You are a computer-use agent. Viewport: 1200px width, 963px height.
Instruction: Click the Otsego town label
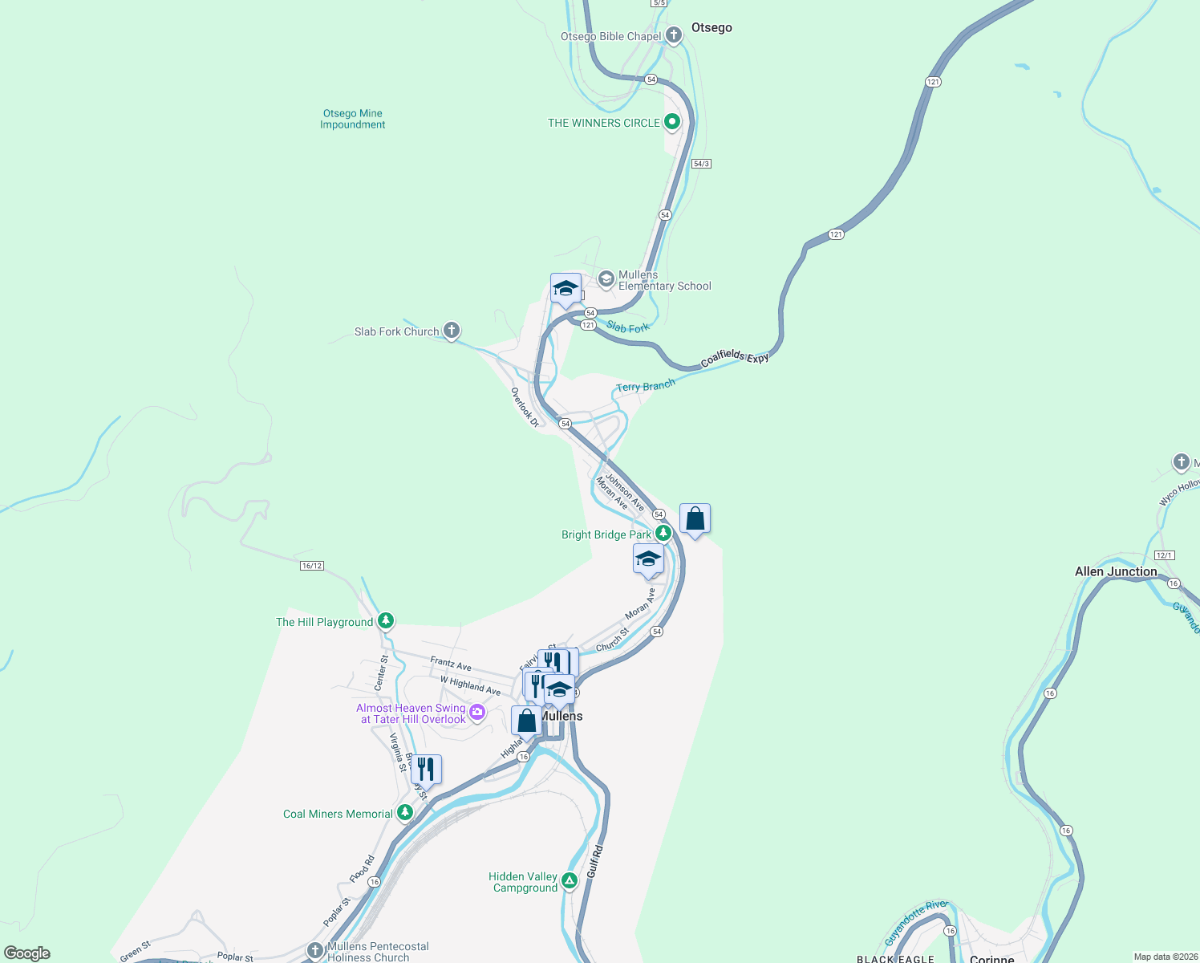(x=711, y=27)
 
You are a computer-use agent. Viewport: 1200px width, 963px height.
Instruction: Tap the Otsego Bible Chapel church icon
(x=674, y=35)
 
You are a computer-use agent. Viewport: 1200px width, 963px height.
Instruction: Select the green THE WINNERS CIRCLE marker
(x=672, y=122)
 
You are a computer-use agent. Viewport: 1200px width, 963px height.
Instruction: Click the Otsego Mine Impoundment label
(x=353, y=119)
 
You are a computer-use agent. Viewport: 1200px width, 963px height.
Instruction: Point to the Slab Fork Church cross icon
(x=452, y=330)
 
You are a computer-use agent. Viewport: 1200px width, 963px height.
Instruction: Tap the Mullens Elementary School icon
(x=606, y=278)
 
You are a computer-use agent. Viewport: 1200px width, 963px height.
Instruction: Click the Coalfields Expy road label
(x=735, y=358)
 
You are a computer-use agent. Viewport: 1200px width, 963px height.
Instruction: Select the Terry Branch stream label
(x=646, y=386)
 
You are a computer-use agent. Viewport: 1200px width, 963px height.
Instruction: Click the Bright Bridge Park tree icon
(x=663, y=533)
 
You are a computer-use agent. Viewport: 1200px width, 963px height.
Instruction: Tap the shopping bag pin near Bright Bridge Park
(x=695, y=519)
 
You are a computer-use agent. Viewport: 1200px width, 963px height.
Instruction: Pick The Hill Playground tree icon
(x=386, y=620)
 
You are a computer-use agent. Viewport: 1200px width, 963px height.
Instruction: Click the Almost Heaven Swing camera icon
(x=477, y=712)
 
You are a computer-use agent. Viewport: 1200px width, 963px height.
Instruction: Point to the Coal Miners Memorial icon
(x=405, y=813)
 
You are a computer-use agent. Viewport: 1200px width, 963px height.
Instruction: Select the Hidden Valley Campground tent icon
(x=569, y=881)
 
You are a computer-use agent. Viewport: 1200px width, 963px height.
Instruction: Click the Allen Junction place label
(x=1116, y=571)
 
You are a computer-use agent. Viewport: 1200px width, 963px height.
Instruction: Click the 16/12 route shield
(x=312, y=566)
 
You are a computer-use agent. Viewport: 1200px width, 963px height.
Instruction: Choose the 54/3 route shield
(x=701, y=164)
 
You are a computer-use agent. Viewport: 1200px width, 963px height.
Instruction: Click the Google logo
(x=27, y=953)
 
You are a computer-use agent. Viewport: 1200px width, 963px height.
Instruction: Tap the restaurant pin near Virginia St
(x=426, y=770)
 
